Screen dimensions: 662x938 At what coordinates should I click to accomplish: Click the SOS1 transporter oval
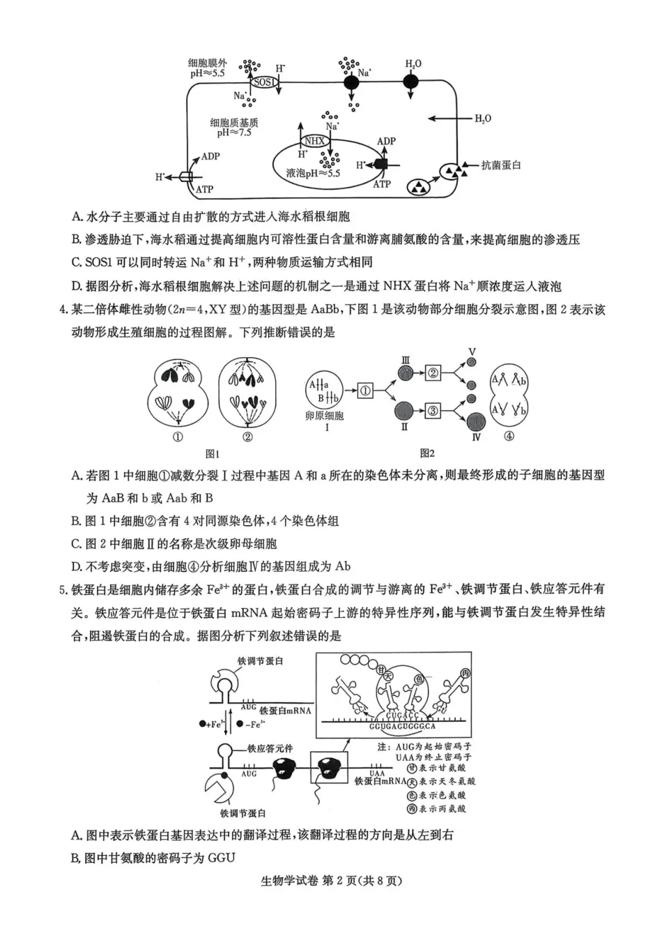264,82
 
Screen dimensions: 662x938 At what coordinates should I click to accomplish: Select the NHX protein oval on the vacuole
315,140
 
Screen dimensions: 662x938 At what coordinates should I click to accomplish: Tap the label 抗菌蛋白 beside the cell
501,165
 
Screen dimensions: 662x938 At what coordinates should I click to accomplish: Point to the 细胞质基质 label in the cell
234,123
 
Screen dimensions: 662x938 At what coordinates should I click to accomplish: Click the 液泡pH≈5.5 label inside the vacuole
313,173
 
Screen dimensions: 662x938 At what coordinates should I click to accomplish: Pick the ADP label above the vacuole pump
386,141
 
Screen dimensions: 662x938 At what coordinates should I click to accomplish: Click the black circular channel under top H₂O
412,81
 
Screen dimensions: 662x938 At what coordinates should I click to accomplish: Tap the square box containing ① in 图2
365,391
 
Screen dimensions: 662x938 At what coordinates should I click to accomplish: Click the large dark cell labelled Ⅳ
476,422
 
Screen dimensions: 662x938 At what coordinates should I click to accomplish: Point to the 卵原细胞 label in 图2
325,416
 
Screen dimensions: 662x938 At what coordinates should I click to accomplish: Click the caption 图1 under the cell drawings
213,453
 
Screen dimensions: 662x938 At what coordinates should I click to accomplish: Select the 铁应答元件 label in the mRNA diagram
270,748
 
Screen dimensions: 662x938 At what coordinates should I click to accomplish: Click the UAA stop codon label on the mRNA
377,773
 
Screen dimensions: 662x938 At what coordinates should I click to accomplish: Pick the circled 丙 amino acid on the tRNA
465,672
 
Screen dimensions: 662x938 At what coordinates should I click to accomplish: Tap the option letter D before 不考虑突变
76,566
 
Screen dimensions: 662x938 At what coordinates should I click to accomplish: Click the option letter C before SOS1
76,262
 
